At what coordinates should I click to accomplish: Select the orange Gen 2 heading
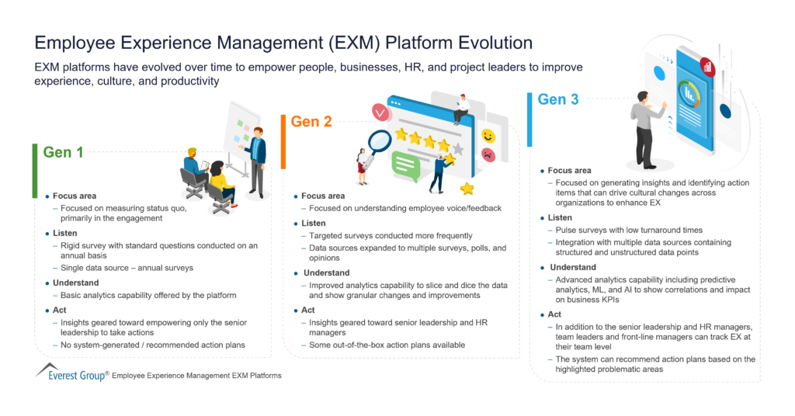[x=311, y=122]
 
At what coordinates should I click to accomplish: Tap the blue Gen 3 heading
[x=559, y=99]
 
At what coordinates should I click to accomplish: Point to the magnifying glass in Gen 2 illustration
[x=378, y=142]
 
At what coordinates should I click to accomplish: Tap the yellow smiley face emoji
[x=488, y=136]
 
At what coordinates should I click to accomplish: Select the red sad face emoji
[x=488, y=155]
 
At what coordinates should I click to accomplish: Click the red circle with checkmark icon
[x=380, y=113]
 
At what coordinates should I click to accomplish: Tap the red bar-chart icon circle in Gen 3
[x=707, y=66]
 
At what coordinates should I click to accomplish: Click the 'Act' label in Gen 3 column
[x=554, y=314]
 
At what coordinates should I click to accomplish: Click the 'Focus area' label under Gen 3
[x=569, y=171]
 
